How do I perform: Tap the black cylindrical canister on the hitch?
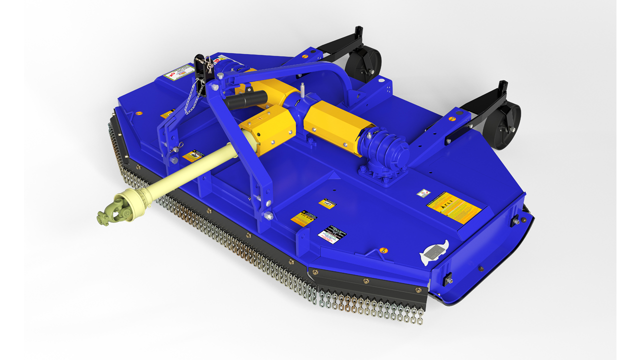click(x=245, y=99)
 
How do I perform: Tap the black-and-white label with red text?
click(x=332, y=234)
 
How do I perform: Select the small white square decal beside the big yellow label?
click(x=423, y=192)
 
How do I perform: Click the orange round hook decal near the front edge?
click(x=383, y=249)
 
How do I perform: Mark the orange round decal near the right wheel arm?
click(x=452, y=119)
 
